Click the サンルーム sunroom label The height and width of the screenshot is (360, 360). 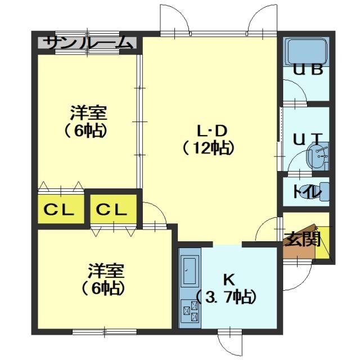point(88,43)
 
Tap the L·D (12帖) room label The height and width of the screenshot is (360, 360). point(209,139)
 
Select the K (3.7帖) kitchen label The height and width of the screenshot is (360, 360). point(226,289)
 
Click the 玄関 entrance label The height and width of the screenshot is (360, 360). point(302,238)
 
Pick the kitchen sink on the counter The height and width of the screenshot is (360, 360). point(190,271)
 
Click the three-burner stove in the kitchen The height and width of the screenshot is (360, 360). point(190,311)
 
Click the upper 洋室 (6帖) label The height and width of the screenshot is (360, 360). point(88,121)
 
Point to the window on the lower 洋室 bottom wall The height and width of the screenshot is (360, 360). point(105,332)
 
